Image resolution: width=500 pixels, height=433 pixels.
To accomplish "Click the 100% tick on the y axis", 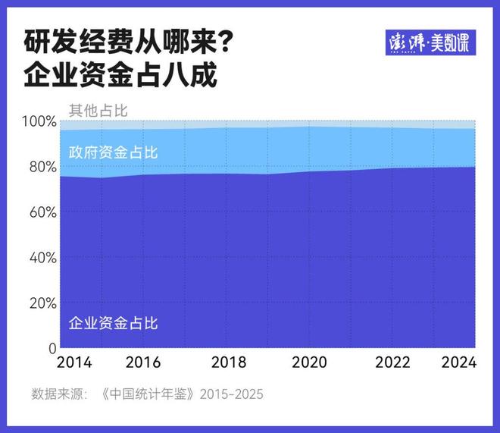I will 39,121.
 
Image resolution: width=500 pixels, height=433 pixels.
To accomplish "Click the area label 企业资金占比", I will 113,324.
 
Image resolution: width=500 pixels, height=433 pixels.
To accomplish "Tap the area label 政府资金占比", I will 113,152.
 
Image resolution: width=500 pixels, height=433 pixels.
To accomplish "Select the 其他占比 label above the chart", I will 98,110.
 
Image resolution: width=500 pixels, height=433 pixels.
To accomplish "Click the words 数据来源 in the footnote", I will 54,394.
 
